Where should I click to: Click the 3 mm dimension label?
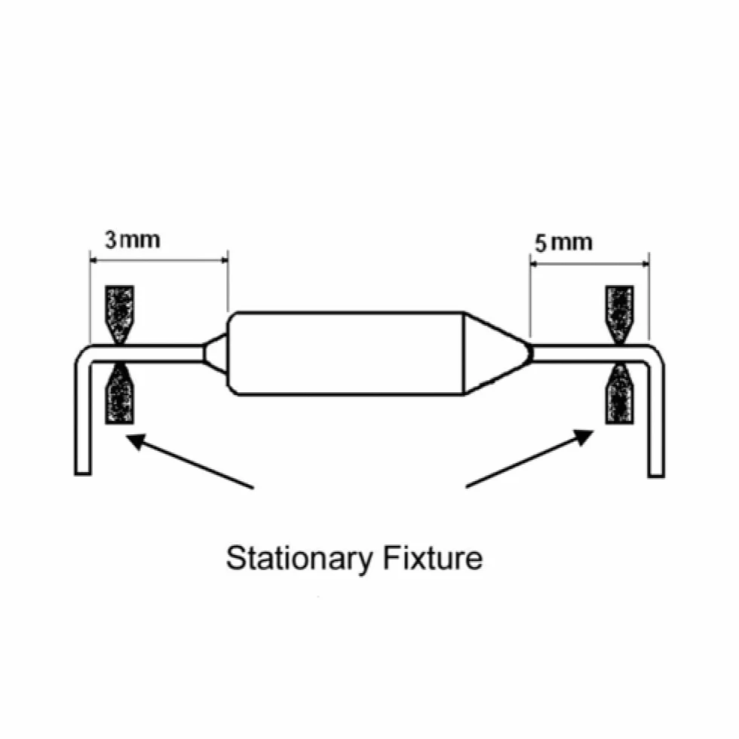[x=133, y=240]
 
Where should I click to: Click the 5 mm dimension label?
[x=564, y=243]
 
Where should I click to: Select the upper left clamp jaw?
[x=119, y=313]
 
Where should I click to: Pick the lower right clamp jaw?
[x=619, y=394]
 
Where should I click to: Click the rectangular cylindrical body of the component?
[x=346, y=353]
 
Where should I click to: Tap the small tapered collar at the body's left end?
[x=216, y=353]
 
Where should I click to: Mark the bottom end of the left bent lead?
[x=83, y=474]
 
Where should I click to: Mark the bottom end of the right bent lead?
[x=656, y=475]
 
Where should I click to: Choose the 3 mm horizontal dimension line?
[x=159, y=259]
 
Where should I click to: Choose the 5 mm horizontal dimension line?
[x=590, y=263]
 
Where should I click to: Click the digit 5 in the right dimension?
[x=541, y=244]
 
